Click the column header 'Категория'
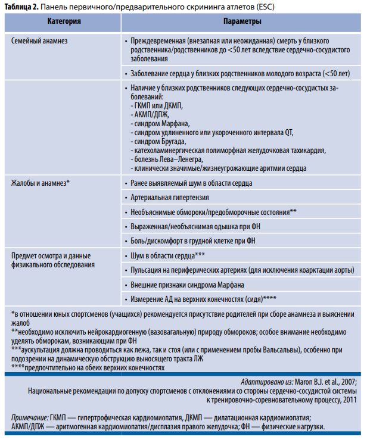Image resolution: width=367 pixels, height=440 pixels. click(x=64, y=21)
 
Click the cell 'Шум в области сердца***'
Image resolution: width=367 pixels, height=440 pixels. click(x=168, y=255)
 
